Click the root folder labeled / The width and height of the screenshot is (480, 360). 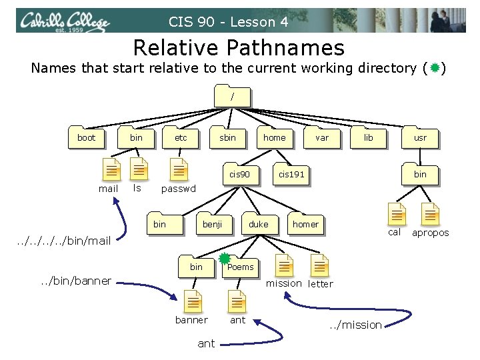[231, 96]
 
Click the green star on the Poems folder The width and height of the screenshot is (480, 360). [225, 258]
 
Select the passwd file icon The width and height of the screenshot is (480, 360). [178, 169]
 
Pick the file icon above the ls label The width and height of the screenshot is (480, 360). [138, 169]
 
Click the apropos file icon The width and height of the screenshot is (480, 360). [430, 213]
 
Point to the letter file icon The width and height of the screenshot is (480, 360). [320, 266]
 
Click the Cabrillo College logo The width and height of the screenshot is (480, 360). [64, 21]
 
